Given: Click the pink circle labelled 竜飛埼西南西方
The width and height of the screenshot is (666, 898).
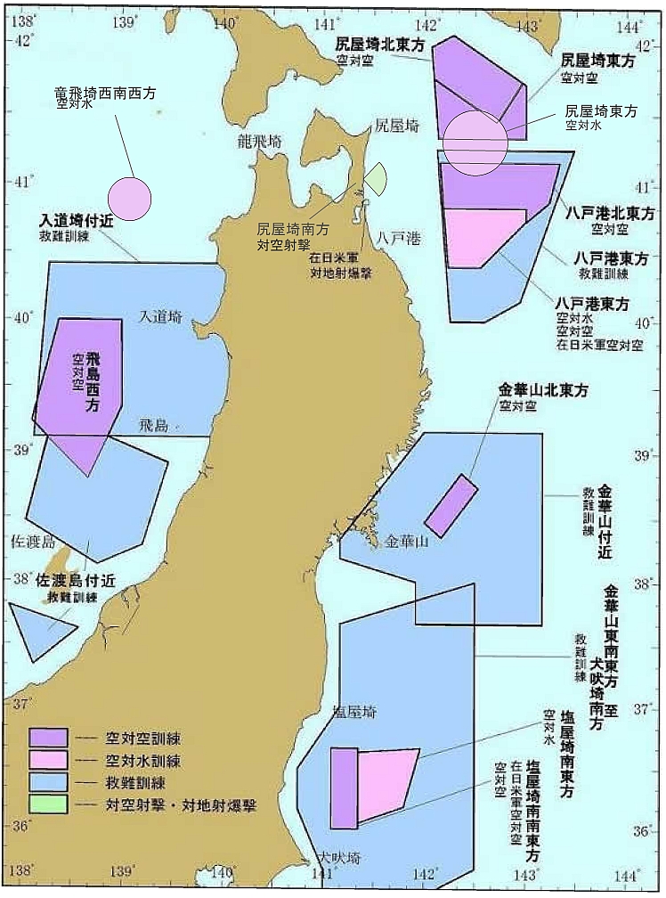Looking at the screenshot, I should point(130,199).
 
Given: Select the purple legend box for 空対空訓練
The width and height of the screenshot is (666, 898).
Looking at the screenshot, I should point(48,738).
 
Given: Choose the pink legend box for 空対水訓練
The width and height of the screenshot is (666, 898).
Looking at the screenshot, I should point(48,760).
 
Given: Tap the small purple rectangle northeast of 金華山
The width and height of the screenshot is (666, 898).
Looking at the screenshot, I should point(451,506).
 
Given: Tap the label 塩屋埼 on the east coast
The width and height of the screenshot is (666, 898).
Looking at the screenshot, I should point(353,712).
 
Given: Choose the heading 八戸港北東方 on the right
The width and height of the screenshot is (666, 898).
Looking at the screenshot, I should point(610,214).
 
